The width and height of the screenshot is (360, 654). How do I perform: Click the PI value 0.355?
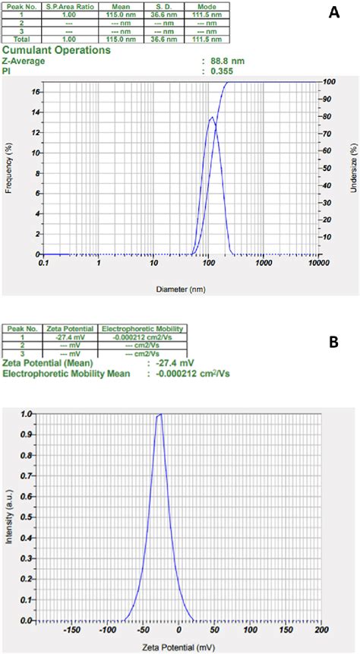[x=220, y=71]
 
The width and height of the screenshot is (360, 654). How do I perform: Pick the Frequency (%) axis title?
[x=9, y=169]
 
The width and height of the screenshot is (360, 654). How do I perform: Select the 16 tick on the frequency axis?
[x=35, y=92]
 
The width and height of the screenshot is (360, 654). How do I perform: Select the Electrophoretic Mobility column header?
[x=143, y=328]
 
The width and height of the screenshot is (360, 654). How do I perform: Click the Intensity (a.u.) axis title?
[x=10, y=518]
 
